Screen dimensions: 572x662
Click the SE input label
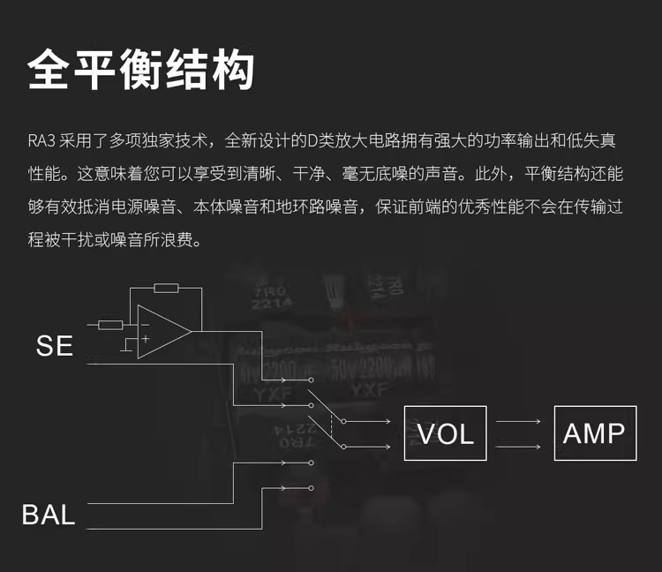(x=54, y=346)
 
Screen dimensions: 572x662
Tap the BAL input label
(x=49, y=515)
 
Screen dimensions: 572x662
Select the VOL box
(x=445, y=433)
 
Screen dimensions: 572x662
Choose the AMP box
(x=594, y=433)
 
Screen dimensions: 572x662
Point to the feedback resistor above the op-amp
(x=165, y=288)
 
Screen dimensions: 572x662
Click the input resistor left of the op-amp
(x=110, y=325)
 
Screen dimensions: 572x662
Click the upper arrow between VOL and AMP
(x=518, y=422)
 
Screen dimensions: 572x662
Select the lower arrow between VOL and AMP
(x=518, y=447)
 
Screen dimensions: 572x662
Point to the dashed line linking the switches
(x=330, y=422)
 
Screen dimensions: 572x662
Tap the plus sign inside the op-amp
(x=143, y=340)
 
